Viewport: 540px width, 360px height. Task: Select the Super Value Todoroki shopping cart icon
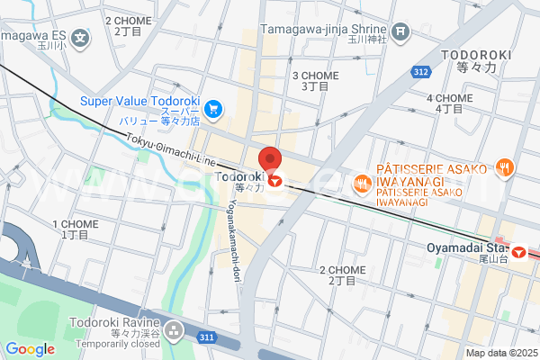click(x=213, y=109)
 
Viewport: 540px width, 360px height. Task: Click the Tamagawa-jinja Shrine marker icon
click(x=400, y=33)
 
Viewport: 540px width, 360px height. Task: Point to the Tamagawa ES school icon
click(x=81, y=38)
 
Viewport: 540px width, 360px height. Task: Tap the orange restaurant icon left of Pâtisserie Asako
click(x=362, y=184)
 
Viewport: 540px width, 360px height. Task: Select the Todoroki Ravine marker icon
click(x=174, y=333)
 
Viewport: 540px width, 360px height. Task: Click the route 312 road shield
click(x=419, y=71)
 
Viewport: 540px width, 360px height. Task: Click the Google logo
click(x=30, y=349)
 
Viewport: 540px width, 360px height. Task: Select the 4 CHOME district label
click(x=449, y=103)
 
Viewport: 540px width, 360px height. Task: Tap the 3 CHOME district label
click(x=315, y=80)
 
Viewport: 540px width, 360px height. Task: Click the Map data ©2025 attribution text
click(x=500, y=353)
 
